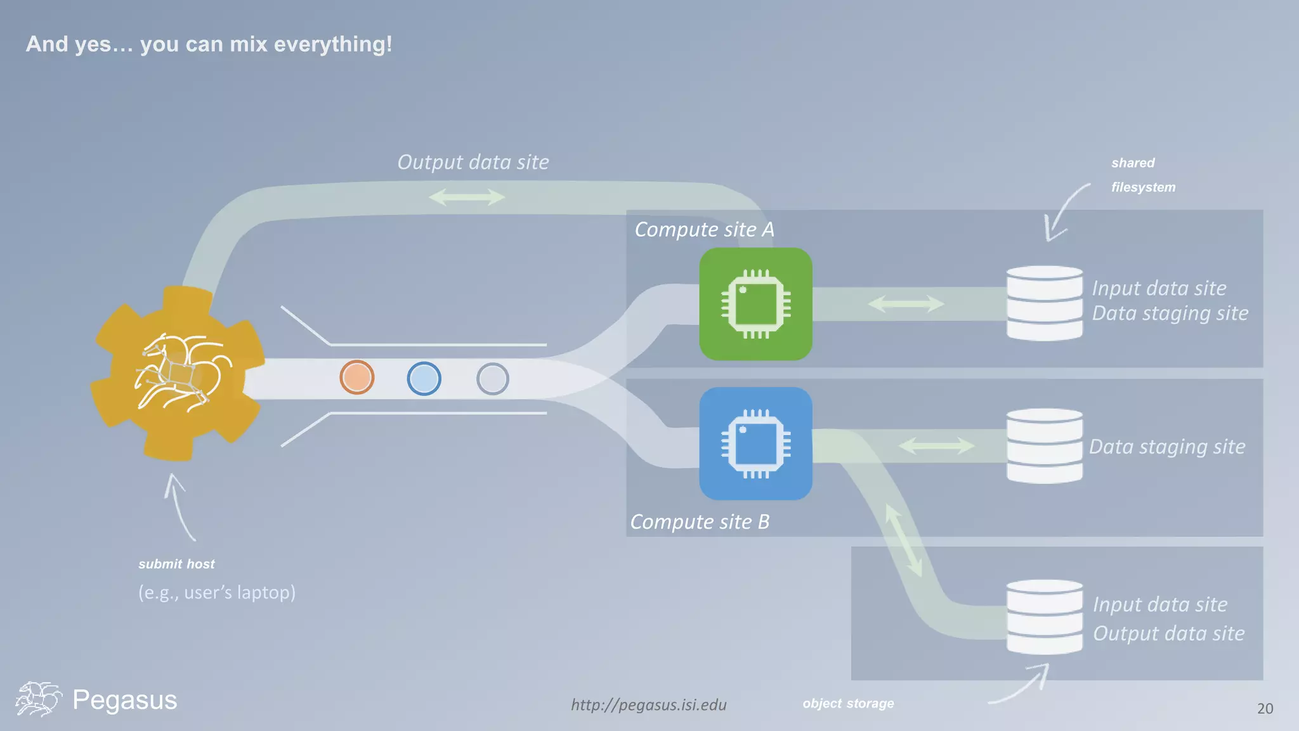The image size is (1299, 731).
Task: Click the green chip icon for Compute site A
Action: [x=755, y=304]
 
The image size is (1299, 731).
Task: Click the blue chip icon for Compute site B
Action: [x=755, y=444]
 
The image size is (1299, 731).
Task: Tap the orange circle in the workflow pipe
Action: [x=356, y=378]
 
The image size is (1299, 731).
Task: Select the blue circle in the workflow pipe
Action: [x=424, y=379]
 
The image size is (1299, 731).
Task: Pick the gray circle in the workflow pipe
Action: [x=492, y=379]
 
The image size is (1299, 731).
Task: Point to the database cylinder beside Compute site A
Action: [x=1044, y=303]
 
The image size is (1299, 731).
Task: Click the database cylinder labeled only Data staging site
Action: [x=1044, y=446]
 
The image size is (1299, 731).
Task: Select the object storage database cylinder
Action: [x=1044, y=617]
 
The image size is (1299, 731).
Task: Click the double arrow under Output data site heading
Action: [x=467, y=197]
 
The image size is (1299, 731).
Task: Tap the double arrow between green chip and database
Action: [x=906, y=304]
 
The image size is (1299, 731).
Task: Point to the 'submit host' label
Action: [x=176, y=564]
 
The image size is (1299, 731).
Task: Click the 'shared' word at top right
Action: [x=1133, y=163]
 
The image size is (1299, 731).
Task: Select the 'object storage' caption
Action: [x=848, y=703]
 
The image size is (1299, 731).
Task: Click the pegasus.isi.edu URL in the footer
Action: [x=648, y=705]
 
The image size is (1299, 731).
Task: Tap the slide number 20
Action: [x=1265, y=709]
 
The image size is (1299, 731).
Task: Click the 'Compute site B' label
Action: [x=700, y=522]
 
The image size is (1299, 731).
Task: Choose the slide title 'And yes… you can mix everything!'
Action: [x=209, y=44]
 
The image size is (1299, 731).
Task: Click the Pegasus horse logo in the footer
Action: [x=38, y=699]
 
